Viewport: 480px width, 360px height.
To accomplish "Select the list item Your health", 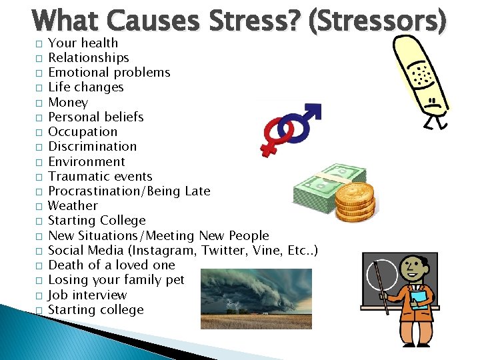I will point(83,43).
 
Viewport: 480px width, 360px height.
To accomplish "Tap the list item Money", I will point(68,102).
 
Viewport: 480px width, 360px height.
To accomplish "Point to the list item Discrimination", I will point(92,147).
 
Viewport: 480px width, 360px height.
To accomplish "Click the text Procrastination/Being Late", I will point(129,191).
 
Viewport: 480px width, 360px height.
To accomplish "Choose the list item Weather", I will point(73,206).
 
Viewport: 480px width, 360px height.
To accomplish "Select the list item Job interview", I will point(87,295).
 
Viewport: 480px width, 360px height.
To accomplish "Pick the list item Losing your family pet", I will point(116,280).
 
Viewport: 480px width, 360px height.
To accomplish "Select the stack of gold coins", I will point(354,203).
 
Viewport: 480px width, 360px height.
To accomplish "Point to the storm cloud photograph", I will point(256,299).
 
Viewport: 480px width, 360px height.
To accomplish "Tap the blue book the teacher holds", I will point(419,297).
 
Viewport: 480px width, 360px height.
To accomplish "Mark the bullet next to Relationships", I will point(39,58).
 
